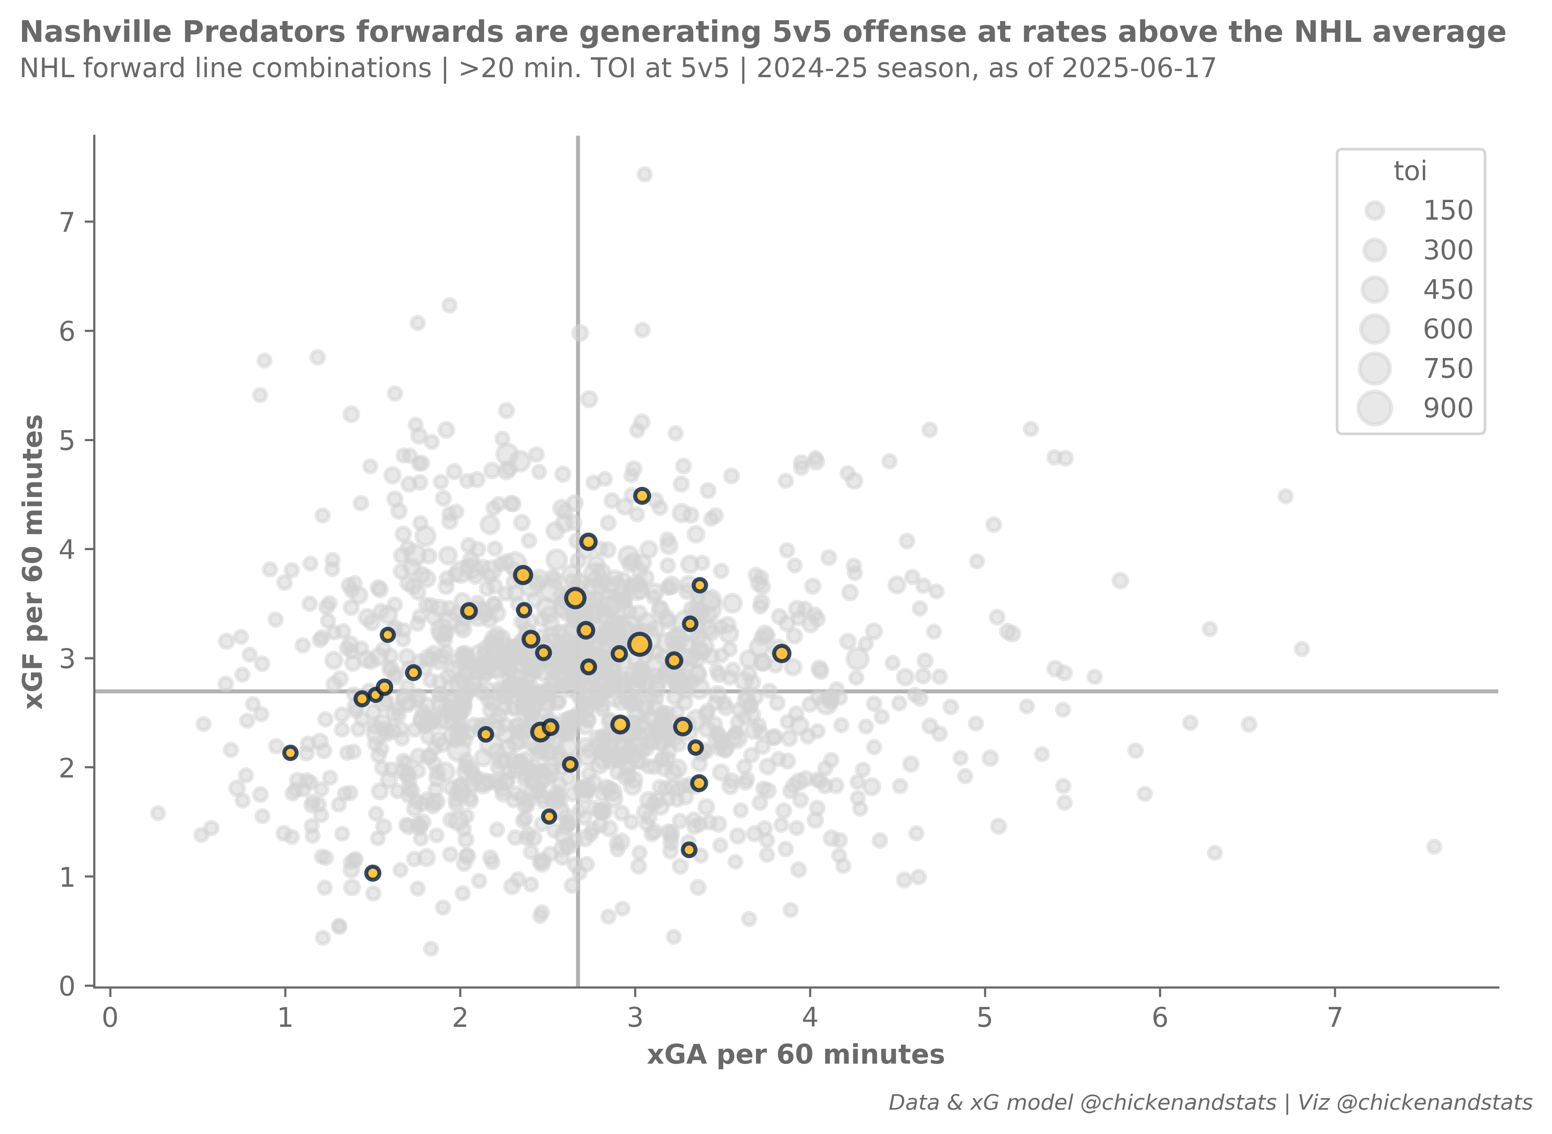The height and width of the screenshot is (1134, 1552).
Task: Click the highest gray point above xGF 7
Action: tap(644, 174)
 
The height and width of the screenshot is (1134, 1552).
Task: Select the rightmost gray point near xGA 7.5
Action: tap(1434, 846)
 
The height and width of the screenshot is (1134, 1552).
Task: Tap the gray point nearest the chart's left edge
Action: tap(158, 813)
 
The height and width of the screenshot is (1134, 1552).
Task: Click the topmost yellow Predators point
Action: tap(641, 496)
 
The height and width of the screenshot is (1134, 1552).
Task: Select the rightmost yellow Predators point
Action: tap(781, 653)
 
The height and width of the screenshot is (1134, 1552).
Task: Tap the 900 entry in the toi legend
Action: tap(1448, 408)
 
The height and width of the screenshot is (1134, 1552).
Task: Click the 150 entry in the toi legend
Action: tap(1448, 211)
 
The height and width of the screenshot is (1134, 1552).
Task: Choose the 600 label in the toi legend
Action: tap(1448, 330)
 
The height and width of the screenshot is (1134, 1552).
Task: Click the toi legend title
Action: tap(1410, 171)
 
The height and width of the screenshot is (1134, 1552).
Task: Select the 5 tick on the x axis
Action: tap(985, 1018)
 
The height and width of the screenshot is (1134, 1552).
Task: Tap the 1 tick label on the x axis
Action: tap(285, 1018)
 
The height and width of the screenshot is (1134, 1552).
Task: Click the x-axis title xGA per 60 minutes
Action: tap(795, 1054)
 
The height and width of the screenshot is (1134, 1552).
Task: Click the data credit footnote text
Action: tap(1210, 1103)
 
